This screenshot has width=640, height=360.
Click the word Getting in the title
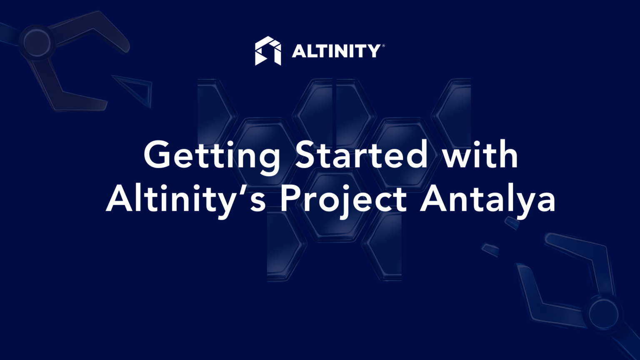(212, 155)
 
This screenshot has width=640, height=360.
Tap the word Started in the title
(361, 155)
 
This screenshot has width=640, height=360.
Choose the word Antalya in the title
(487, 200)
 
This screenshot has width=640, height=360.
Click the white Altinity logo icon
(267, 51)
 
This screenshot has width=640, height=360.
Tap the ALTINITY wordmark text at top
(335, 51)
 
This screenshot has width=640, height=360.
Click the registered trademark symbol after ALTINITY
(383, 46)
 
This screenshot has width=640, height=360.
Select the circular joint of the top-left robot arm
(37, 42)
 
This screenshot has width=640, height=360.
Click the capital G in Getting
(159, 155)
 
